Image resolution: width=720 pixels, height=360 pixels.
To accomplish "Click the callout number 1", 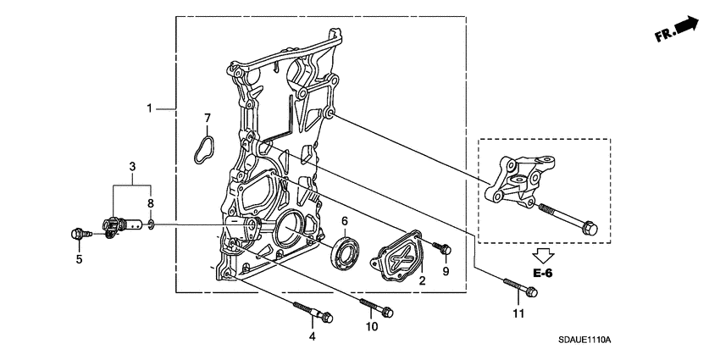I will [149, 108].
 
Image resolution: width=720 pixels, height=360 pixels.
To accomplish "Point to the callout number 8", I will [152, 203].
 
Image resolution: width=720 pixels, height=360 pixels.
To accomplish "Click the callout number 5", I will [79, 259].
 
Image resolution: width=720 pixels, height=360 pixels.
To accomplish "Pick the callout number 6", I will [345, 221].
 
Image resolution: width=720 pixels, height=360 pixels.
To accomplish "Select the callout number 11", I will [518, 313].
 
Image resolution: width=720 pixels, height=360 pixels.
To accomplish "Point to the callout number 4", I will [312, 337].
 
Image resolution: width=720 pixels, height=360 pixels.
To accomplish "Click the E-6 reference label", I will [543, 273].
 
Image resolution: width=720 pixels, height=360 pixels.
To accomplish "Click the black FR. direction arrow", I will [689, 27].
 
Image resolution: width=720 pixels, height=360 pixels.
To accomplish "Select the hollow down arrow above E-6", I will [543, 253].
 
